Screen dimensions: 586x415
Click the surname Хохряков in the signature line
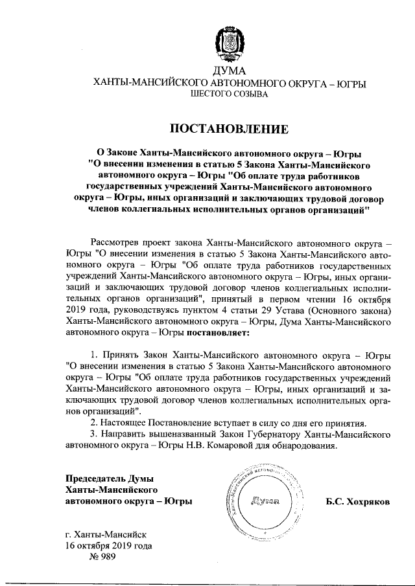coord(358,502)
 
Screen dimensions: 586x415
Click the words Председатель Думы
coord(108,479)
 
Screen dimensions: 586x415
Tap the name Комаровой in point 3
coord(237,445)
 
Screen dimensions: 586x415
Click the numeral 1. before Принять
coord(95,355)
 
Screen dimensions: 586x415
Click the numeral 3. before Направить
coord(95,434)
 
